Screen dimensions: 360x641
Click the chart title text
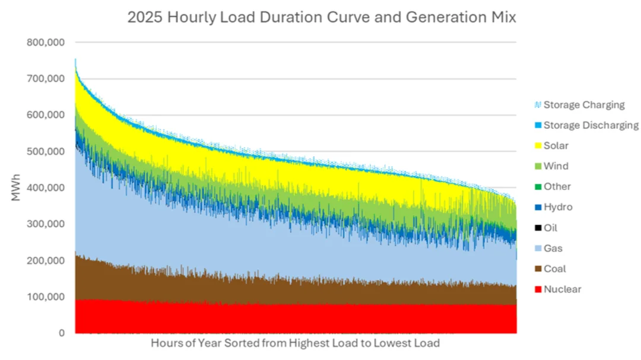[x=322, y=17]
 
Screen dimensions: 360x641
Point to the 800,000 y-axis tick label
[x=46, y=43]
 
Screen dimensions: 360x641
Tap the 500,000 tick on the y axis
[x=46, y=151]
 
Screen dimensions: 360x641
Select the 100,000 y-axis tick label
[x=46, y=297]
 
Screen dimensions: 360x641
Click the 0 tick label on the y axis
[x=61, y=333]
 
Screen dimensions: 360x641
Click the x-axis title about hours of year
[x=295, y=343]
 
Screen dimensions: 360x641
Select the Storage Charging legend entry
[x=583, y=105]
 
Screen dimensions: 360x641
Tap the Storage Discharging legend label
[x=591, y=125]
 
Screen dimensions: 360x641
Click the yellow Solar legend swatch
[x=538, y=146]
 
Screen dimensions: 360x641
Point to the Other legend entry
[x=557, y=186]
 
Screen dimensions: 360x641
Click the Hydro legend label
[x=558, y=207]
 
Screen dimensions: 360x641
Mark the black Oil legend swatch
[x=538, y=228]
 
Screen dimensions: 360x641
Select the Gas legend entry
[x=553, y=248]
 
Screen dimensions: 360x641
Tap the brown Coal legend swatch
[x=538, y=269]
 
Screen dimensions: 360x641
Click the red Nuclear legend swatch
[x=538, y=289]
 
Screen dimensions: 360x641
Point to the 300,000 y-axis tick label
[x=46, y=224]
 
